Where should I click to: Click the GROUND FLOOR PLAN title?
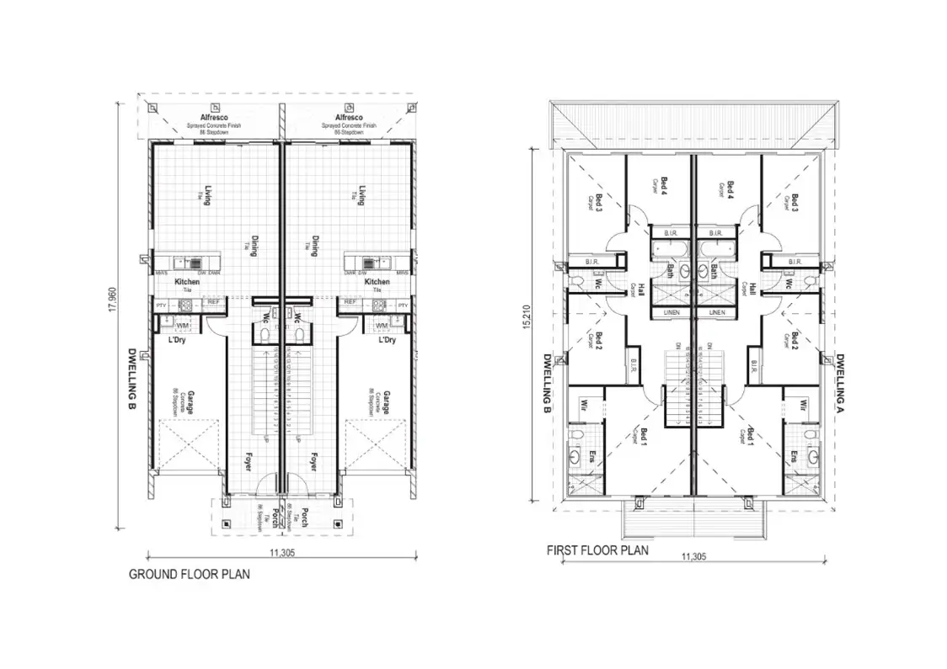point(188,575)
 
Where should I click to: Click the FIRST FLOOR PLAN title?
point(597,550)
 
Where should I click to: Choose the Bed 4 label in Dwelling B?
point(664,187)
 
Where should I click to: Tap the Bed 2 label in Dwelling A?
point(792,342)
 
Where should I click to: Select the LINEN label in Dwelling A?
point(717,311)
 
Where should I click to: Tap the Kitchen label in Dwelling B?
point(187,282)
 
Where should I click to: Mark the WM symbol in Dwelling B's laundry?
point(182,325)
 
